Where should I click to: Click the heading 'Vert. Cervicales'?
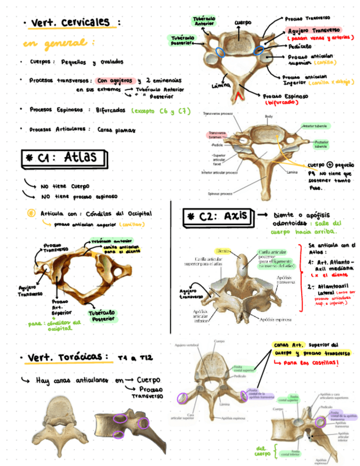tap(71, 23)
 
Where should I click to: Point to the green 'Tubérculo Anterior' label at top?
tap(204, 21)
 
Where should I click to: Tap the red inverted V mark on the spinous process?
tap(237, 97)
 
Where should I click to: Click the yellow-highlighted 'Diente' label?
tap(223, 251)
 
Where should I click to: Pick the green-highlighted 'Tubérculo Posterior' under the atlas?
tap(103, 315)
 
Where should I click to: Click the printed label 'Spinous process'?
tap(221, 193)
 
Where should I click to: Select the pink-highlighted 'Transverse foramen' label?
tap(217, 135)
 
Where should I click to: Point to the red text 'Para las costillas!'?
tap(312, 364)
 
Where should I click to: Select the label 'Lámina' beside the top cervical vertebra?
tap(220, 85)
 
